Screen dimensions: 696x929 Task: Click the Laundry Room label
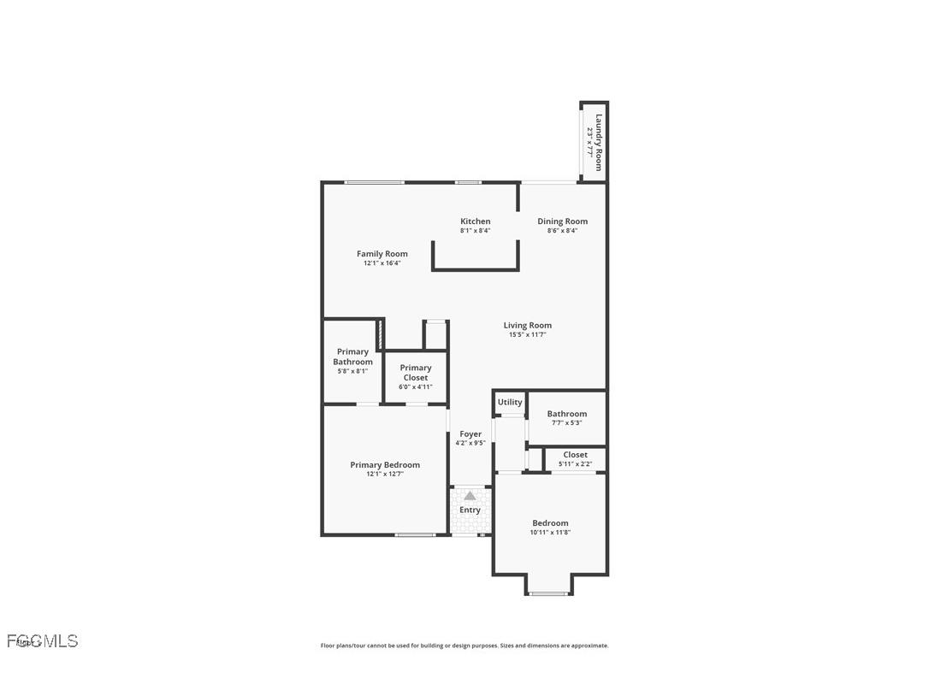[600, 142]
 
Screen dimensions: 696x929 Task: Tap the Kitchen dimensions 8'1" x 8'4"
[476, 231]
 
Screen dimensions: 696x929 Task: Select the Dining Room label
[562, 221]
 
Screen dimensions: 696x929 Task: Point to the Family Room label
[382, 254]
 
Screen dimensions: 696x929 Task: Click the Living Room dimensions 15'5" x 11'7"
[527, 335]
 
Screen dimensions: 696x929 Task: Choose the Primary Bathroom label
[352, 357]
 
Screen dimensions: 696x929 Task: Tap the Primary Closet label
[416, 373]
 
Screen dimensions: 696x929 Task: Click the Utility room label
[510, 403]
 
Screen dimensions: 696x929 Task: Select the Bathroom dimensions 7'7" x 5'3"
[567, 423]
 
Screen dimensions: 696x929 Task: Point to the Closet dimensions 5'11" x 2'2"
[575, 464]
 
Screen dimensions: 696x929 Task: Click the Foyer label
[470, 434]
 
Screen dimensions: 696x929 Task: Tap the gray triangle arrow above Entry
[470, 495]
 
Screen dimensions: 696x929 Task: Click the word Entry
[470, 510]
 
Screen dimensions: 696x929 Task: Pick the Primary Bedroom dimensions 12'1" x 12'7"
[385, 474]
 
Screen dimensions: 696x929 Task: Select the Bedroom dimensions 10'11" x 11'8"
[550, 533]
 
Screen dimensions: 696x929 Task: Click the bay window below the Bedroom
[548, 593]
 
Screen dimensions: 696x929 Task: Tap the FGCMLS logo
[43, 641]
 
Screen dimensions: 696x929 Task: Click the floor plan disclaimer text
[464, 646]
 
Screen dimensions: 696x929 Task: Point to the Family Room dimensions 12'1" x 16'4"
[382, 263]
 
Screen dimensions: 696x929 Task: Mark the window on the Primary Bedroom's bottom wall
[415, 535]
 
